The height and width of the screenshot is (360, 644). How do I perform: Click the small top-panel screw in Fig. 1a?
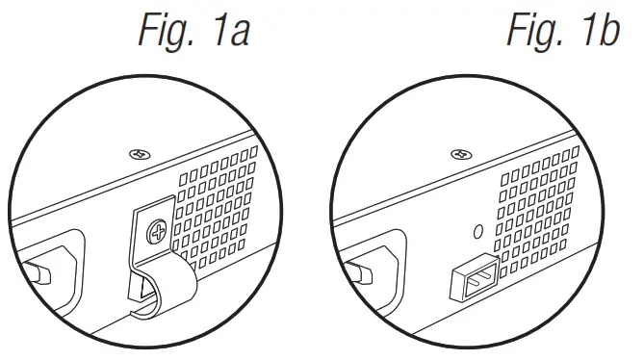[x=137, y=153]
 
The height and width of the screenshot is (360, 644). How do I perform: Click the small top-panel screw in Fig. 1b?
[x=460, y=152]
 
